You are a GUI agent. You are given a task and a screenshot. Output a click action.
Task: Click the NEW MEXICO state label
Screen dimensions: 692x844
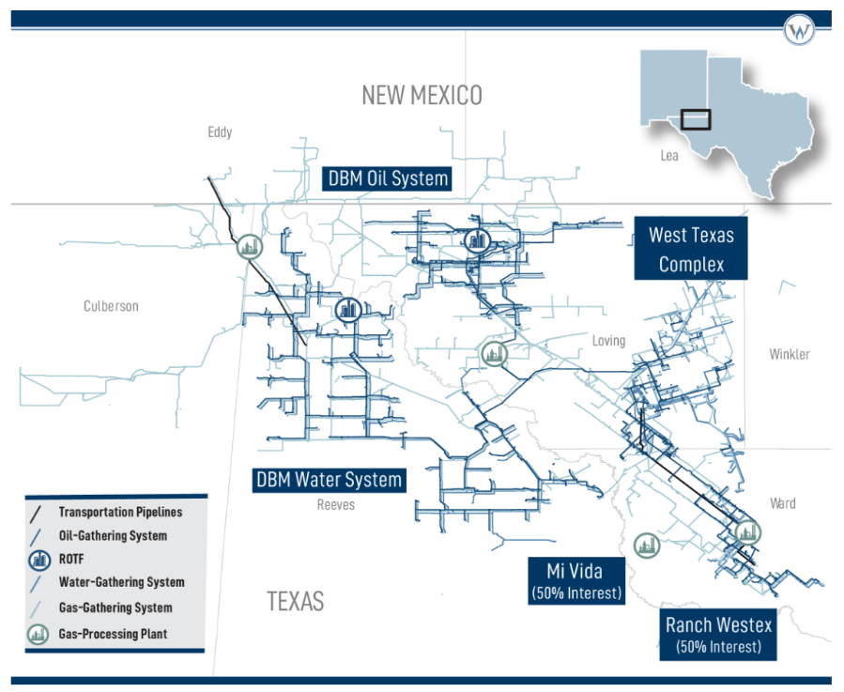click(x=422, y=95)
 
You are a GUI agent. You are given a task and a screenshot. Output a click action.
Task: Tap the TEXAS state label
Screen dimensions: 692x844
click(x=295, y=601)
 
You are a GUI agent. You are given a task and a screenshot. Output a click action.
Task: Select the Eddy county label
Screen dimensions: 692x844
click(x=220, y=132)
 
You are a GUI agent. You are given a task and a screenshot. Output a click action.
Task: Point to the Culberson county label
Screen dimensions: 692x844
click(x=111, y=306)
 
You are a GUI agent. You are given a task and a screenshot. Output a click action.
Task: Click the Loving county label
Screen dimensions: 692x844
click(x=608, y=341)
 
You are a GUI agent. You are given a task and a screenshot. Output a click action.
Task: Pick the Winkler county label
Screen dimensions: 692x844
click(x=789, y=354)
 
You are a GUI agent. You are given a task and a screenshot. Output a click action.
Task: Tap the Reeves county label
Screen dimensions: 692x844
click(x=335, y=505)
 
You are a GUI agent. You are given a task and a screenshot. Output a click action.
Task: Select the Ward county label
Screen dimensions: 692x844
click(x=782, y=503)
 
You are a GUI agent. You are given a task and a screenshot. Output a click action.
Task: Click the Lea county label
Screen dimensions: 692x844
click(x=669, y=156)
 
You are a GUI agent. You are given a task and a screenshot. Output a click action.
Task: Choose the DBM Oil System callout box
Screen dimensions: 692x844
click(x=387, y=178)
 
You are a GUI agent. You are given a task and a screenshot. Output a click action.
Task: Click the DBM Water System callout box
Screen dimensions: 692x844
click(x=330, y=480)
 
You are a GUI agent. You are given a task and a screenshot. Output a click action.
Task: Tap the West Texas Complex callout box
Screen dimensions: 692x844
click(x=691, y=249)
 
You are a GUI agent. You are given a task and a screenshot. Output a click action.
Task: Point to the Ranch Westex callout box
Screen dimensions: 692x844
click(x=718, y=634)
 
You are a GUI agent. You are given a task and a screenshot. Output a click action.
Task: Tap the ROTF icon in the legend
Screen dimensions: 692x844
click(x=38, y=560)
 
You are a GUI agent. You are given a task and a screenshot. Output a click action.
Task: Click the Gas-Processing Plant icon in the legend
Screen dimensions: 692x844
click(x=38, y=634)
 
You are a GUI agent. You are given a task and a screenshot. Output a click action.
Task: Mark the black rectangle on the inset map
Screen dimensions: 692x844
click(x=696, y=119)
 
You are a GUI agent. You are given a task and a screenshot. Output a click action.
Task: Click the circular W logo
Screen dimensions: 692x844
click(x=799, y=32)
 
